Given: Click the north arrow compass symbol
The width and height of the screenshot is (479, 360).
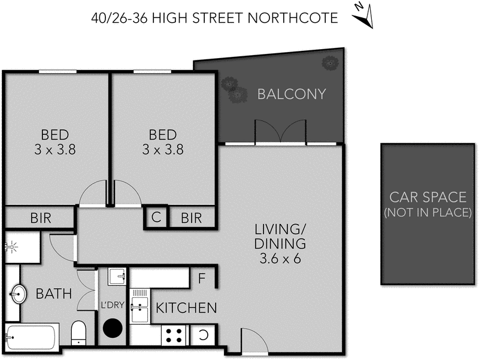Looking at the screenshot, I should click(364, 16).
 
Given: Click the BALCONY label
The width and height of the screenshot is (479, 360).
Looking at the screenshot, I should click(292, 94).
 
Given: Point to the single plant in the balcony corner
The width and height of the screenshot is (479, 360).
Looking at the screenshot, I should click(329, 62).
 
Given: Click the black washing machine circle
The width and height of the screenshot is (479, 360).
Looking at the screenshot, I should click(111, 329).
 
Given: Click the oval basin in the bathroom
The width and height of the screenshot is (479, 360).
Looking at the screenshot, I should click(19, 294).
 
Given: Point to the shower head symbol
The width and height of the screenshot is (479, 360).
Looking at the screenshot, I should click(11, 246).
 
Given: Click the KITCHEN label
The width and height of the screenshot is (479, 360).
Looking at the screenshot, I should click(186, 308).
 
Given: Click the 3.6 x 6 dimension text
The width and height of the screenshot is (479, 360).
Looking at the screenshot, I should click(280, 259).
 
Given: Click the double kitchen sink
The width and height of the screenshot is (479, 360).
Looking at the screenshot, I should click(140, 305).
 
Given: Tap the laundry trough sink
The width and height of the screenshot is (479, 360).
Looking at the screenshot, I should click(117, 277).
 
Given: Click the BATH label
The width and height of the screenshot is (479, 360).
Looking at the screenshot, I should click(54, 294).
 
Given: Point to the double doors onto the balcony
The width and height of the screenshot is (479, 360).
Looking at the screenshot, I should click(281, 132).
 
